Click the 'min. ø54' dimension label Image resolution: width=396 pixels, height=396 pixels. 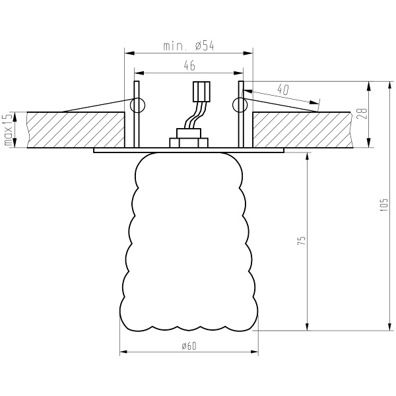click(189, 46)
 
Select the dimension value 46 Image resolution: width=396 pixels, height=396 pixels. click(189, 65)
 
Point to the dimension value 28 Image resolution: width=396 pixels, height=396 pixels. click(362, 112)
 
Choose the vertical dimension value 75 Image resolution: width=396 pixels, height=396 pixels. click(300, 241)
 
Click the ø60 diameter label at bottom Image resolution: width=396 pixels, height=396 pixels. click(188, 346)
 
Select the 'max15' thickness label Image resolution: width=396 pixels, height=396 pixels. click(8, 130)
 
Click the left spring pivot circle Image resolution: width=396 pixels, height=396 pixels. click(139, 104)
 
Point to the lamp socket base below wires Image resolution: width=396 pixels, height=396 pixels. click(189, 141)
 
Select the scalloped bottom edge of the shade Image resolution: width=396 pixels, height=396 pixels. click(189, 327)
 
